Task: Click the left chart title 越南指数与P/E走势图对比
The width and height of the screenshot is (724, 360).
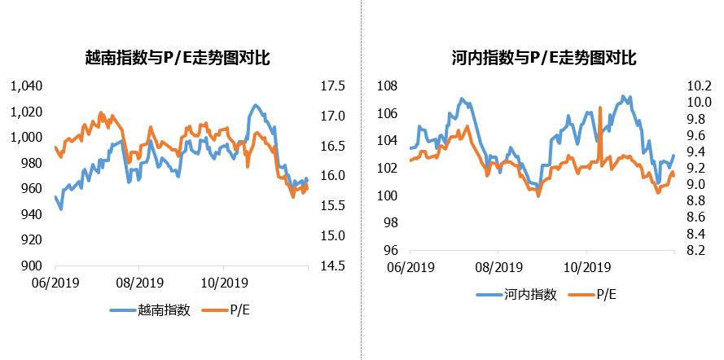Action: coord(178,58)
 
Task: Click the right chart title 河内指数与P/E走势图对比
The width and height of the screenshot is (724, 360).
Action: coord(543,58)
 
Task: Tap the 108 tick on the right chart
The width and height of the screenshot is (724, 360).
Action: coord(387,86)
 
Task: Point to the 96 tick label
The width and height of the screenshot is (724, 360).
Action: coord(390,251)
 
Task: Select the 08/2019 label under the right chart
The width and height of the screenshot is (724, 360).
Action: coord(498,266)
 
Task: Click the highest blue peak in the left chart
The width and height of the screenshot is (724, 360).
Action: coord(256,105)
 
